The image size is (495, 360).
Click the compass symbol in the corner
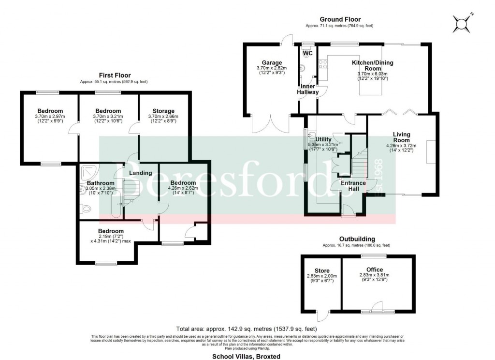coord(461,23)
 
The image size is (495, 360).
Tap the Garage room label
coord(272,63)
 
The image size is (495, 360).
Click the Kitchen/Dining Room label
coord(372,66)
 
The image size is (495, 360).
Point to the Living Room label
coord(401,137)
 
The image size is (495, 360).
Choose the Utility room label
coord(323,139)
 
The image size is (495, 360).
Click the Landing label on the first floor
coord(140,173)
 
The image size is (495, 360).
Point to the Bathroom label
coord(101,183)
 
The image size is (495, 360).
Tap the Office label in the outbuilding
coord(374,270)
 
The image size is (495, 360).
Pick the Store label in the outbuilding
coord(321,271)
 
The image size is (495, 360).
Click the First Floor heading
coord(115,75)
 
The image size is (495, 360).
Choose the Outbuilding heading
coord(356,239)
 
